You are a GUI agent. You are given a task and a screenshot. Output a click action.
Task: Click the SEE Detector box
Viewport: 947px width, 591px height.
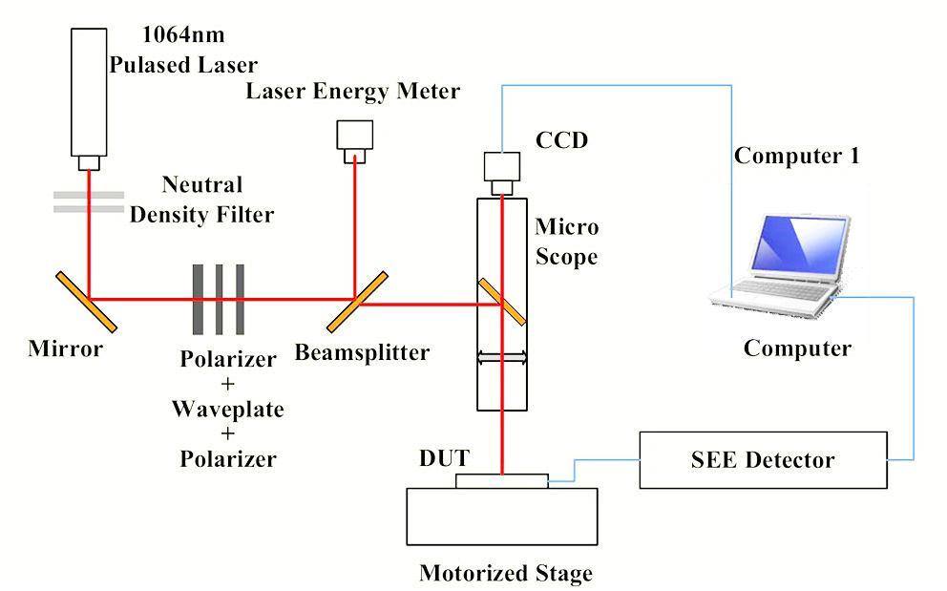click(x=762, y=460)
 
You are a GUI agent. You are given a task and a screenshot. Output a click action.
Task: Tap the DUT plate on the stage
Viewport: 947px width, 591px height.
click(x=502, y=480)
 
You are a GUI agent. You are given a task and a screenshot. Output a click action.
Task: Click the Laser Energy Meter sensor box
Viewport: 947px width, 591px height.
click(x=356, y=136)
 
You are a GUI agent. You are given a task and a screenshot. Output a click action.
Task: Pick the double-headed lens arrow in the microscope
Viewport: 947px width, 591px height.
click(x=502, y=357)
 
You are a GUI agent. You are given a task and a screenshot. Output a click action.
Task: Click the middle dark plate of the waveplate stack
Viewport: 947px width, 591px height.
click(x=220, y=298)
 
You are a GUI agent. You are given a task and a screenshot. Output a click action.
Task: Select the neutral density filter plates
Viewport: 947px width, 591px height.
click(x=88, y=201)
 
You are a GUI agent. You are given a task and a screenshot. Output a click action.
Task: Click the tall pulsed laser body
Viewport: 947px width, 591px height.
click(x=88, y=91)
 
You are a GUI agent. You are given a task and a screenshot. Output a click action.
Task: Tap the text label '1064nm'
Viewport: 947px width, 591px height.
click(x=183, y=36)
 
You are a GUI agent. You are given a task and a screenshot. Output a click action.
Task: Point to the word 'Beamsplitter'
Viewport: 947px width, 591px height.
click(x=362, y=352)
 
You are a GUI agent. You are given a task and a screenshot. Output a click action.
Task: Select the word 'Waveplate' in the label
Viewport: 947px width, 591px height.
click(x=227, y=410)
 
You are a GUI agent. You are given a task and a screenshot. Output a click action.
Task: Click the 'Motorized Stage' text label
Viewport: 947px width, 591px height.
click(x=506, y=573)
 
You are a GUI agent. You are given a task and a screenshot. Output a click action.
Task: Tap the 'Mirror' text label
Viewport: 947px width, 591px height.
click(x=65, y=348)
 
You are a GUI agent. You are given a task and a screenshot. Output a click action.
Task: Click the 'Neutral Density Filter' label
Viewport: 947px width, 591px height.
click(x=201, y=199)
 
